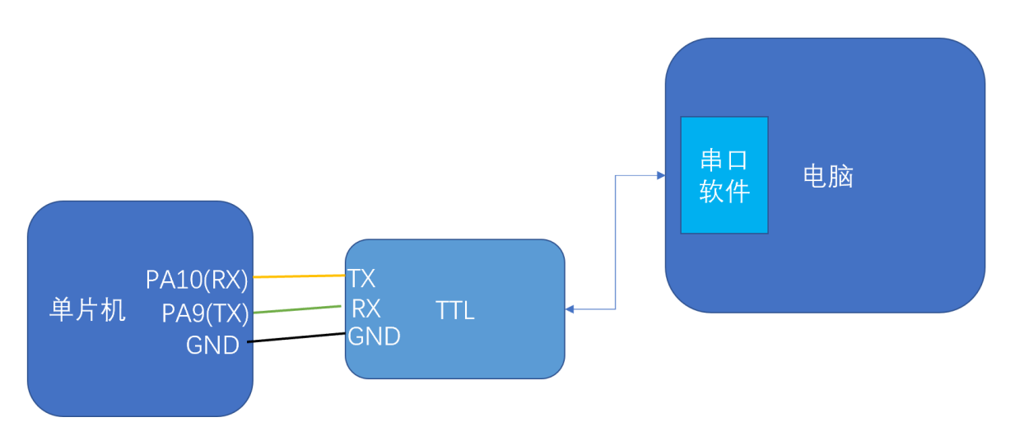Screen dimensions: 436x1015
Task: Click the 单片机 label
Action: point(88,310)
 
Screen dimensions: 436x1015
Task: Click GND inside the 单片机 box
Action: point(212,346)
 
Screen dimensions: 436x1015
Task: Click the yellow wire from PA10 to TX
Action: point(299,276)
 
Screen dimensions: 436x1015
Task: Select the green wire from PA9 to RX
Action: point(296,309)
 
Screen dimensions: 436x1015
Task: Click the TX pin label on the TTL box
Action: point(361,277)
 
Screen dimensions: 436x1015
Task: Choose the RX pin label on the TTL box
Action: point(365,308)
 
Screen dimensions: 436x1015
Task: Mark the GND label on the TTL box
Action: point(374,336)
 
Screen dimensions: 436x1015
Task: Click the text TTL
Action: point(455,312)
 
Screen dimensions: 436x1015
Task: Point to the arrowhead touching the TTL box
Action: point(570,309)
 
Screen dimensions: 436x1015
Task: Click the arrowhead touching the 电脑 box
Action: point(660,175)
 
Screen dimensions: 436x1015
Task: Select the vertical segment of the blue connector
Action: point(616,243)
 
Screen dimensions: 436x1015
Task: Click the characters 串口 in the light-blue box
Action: point(724,160)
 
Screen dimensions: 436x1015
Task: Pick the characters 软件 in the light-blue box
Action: point(724,192)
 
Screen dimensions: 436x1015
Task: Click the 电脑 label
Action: point(827,177)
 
